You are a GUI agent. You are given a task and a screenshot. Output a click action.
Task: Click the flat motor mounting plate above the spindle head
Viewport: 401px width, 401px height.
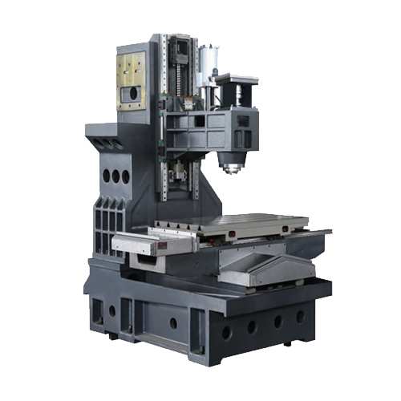point(235,78)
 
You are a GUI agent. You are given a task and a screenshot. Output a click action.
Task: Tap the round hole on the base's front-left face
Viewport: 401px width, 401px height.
point(172,323)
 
